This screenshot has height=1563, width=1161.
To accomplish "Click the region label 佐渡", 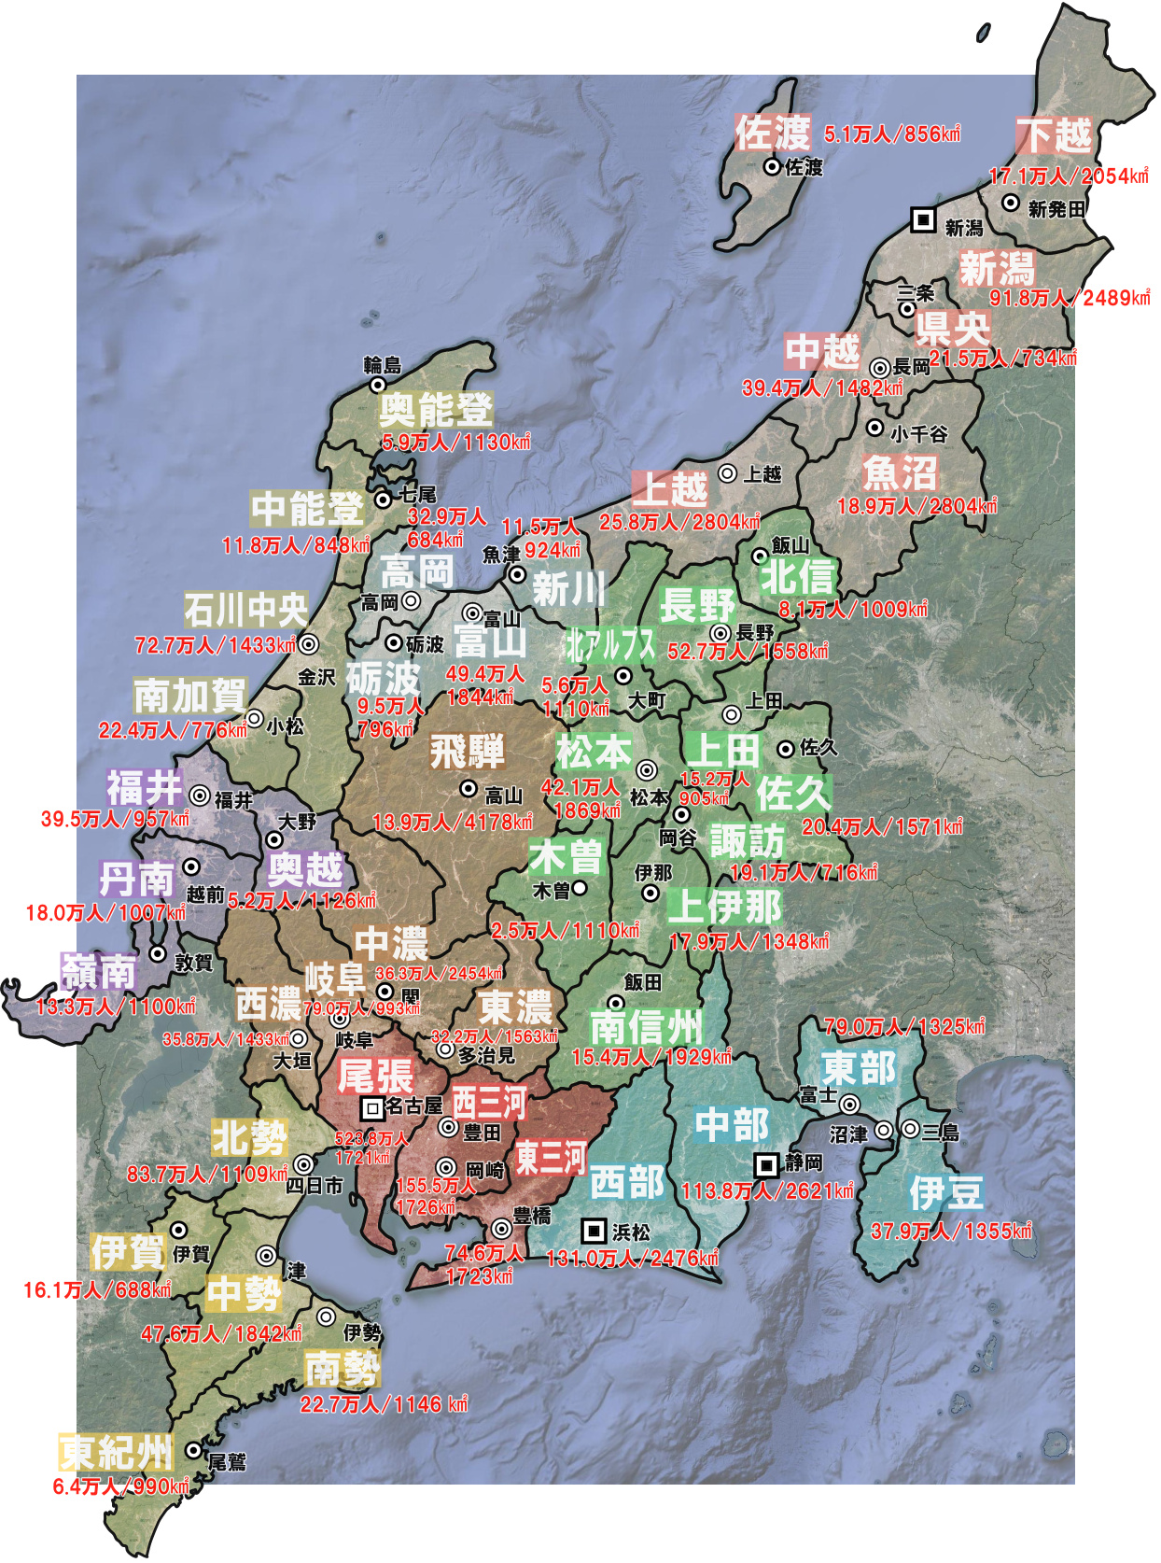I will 773,133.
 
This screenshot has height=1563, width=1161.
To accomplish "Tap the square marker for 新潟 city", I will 923,219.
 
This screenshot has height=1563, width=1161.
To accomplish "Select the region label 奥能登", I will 436,410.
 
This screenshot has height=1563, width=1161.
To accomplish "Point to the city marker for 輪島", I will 377,384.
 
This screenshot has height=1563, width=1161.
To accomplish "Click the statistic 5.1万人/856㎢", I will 892,134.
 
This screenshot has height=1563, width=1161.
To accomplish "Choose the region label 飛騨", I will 467,751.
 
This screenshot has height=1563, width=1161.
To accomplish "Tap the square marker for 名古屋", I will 372,1108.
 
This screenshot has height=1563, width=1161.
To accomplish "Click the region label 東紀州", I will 117,1452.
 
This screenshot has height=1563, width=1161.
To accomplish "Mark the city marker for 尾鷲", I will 193,1450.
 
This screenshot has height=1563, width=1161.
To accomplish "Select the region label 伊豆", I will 946,1192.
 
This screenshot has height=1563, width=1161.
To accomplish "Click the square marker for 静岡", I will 766,1164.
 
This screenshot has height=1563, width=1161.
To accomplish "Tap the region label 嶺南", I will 99,972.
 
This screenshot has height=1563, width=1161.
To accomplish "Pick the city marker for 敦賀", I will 158,954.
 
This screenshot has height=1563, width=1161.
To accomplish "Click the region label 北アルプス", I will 610,644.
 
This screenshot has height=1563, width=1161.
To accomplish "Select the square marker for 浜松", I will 594,1231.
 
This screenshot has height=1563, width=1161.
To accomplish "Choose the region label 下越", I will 1054,135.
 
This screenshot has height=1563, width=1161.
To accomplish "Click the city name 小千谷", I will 918,434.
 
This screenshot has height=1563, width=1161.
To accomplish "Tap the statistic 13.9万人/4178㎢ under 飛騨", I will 453,823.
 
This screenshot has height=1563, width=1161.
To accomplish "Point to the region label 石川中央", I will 245,611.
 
